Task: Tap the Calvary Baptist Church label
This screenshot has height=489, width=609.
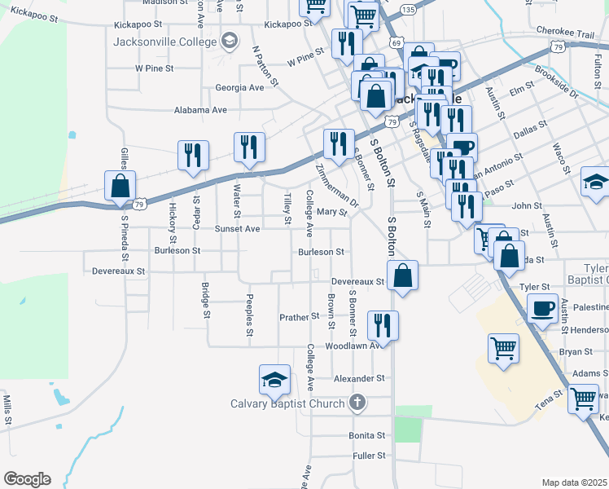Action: coord(289,403)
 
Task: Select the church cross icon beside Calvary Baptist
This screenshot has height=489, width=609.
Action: coord(357,402)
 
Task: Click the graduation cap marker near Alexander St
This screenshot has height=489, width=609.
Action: coord(274,380)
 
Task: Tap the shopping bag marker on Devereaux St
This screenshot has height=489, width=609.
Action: coord(402,276)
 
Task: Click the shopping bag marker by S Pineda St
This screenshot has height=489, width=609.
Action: coord(120,186)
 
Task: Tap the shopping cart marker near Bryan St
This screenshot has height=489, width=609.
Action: coord(504,348)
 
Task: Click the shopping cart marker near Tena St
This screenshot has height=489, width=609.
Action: coord(583,399)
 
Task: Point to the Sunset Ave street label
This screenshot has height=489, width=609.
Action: coord(237,229)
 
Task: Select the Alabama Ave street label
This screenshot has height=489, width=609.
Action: coord(200,110)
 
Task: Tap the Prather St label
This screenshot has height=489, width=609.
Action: coord(300,316)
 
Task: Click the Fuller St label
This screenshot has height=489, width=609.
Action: coord(369,456)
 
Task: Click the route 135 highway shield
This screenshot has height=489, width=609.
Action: coord(408,8)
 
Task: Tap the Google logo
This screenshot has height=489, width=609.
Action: coord(27,479)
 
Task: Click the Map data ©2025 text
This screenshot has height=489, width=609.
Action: coord(574,482)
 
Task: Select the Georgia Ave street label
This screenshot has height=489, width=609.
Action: coord(239,87)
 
